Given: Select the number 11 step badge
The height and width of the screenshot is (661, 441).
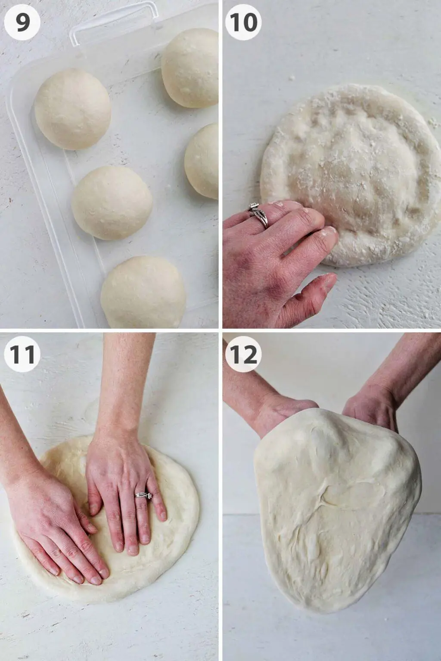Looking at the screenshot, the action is coord(22,355).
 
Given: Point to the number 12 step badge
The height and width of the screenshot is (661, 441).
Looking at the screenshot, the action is coord(243,355).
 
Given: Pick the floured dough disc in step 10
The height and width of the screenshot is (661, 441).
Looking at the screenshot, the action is coord(351,174).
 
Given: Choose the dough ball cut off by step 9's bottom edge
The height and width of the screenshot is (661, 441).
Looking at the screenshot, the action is coord(143,292).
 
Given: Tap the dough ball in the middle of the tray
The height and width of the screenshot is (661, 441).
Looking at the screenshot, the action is coord(112,203).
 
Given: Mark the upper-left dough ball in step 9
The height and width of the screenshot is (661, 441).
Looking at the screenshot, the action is coord(73,109).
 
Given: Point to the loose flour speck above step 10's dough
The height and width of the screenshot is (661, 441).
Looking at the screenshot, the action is coord(292,77).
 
